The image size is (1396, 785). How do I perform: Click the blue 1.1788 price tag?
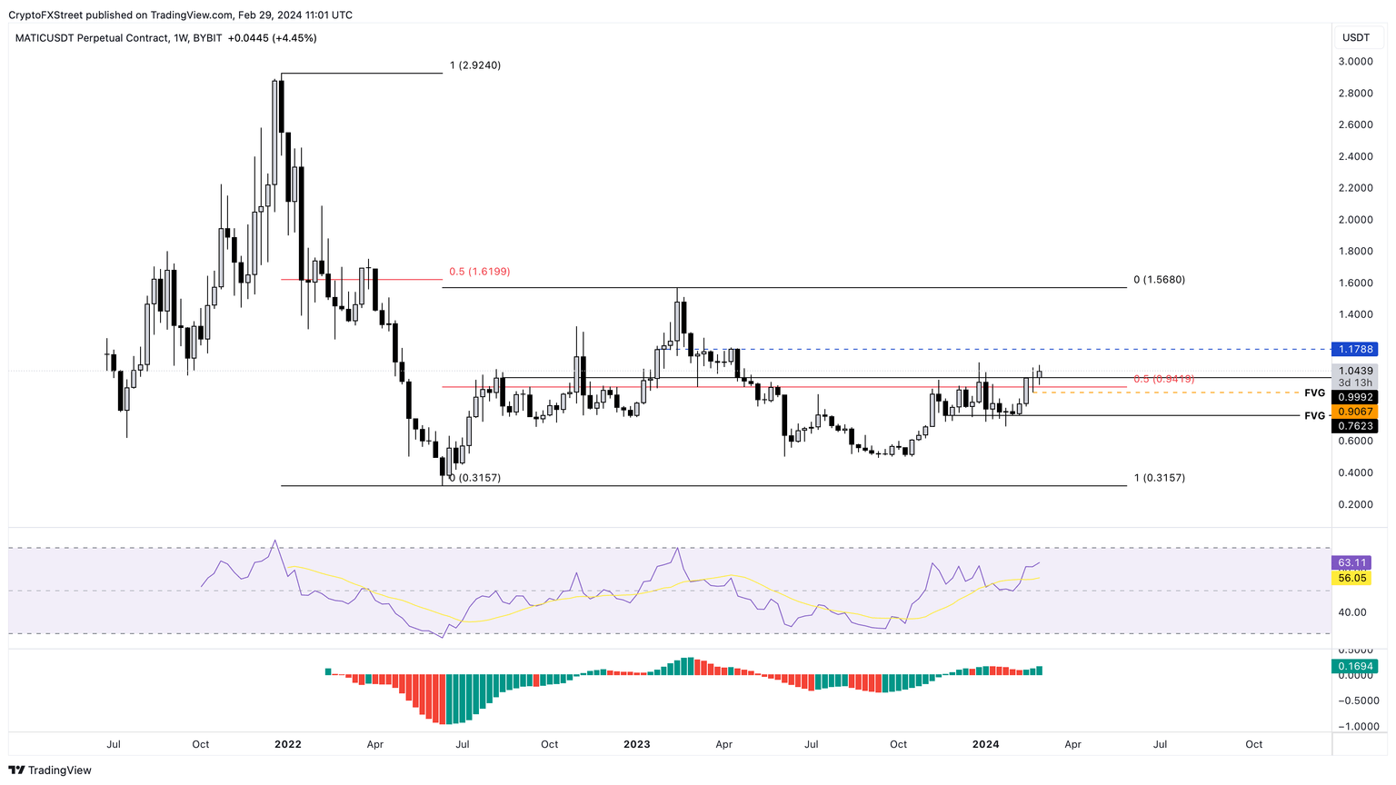[1353, 349]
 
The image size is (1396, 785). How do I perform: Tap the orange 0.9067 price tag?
[1353, 412]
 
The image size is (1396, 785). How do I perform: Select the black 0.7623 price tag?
[1353, 426]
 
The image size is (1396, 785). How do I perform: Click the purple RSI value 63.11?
[1351, 563]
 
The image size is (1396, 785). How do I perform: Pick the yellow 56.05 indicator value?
[1351, 578]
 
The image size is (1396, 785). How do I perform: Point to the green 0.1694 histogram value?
[1353, 667]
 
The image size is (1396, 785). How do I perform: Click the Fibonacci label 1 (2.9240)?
[474, 65]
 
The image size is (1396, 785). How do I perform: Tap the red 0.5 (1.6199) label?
[479, 272]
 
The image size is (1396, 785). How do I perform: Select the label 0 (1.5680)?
[1159, 280]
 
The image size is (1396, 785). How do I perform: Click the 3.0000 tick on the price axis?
[1355, 62]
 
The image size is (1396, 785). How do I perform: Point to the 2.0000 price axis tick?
[1355, 220]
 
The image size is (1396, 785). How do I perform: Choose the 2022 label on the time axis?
[287, 744]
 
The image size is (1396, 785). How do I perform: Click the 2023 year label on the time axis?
[636, 744]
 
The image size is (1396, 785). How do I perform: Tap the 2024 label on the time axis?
[985, 744]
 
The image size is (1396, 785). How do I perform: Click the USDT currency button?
[1356, 37]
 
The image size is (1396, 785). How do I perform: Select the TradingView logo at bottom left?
[51, 770]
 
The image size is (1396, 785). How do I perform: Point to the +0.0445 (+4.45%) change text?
[272, 38]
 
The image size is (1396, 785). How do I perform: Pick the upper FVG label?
[1314, 393]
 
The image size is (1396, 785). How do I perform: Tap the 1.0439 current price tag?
[1353, 371]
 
